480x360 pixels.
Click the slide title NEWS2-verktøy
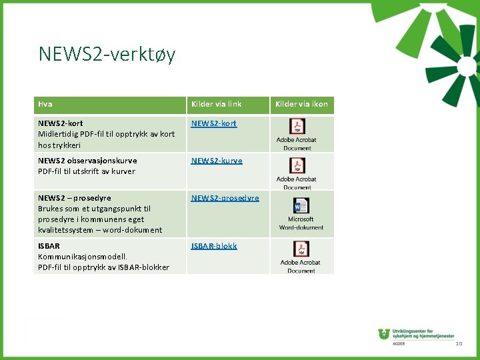107,53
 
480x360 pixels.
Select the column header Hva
45,104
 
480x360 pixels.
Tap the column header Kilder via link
216,104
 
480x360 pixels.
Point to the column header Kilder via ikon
301,104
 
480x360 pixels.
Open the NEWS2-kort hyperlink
213,123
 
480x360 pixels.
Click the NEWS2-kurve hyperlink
217,161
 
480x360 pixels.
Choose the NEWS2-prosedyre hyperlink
225,198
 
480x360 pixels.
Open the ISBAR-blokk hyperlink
214,246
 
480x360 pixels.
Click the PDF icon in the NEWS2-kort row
297,127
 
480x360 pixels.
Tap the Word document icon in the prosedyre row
301,206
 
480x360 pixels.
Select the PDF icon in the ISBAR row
301,249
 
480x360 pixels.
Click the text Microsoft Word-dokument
301,223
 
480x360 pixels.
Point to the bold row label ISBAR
49,246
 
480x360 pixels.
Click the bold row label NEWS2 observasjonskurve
87,161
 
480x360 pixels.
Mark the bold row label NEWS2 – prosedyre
75,198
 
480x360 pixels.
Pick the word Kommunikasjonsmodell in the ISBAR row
83,257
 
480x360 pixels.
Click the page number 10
459,343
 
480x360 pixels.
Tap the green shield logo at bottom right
383,334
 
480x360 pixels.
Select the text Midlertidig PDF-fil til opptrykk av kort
107,134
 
